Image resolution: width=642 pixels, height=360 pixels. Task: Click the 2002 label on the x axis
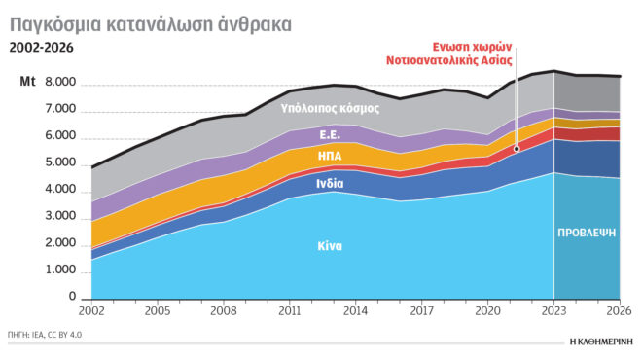coord(92,313)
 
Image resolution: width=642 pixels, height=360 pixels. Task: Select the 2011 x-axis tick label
coord(288,313)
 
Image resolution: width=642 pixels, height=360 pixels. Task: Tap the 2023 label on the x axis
coord(553,313)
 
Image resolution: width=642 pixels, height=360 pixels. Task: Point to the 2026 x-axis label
coord(618,313)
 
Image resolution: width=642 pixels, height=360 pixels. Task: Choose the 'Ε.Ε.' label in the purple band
coord(330,133)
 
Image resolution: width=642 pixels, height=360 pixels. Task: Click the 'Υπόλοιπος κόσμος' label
coord(330,108)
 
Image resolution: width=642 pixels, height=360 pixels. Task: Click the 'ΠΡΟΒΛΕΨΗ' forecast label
coord(587,234)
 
